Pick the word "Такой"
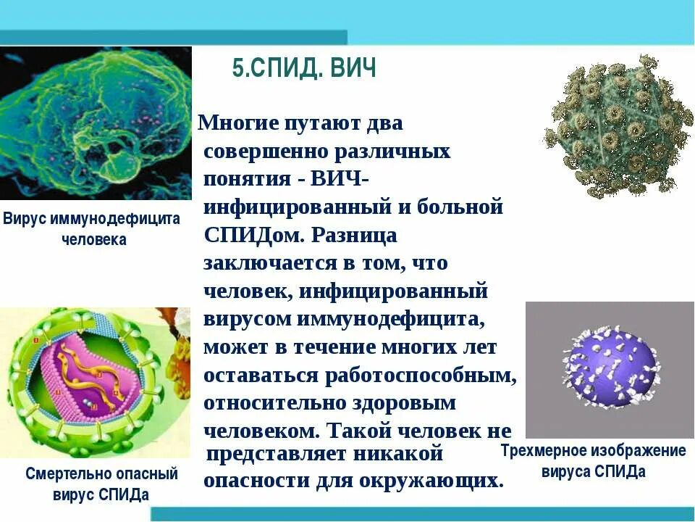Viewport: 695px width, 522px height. point(362,431)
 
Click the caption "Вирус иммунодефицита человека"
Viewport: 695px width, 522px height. point(92,228)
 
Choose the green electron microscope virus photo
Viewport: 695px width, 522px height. point(96,123)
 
